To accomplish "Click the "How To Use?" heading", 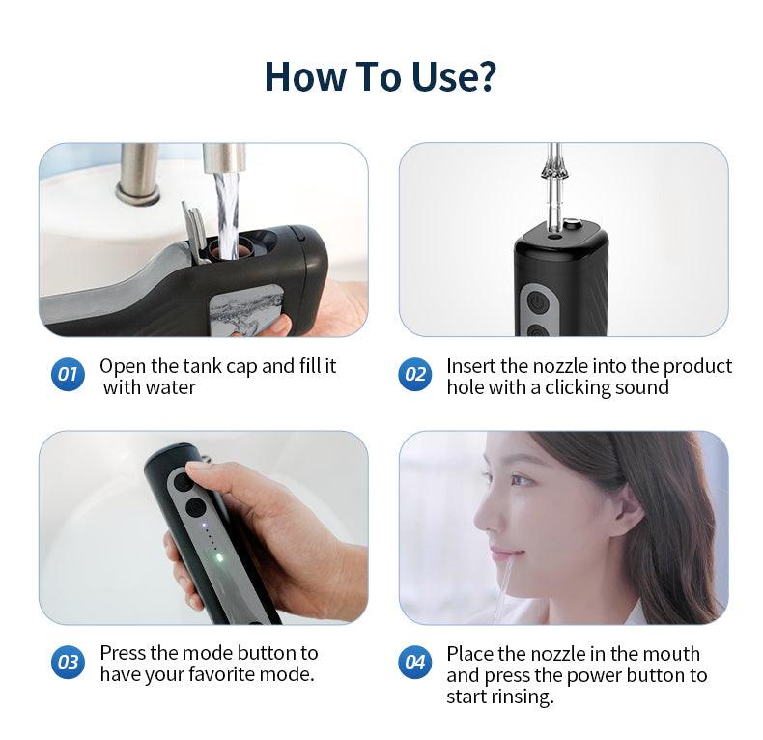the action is (x=380, y=77).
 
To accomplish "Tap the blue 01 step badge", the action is (x=68, y=374).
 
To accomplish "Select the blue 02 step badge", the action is (x=414, y=374).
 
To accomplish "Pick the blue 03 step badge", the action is (x=68, y=662).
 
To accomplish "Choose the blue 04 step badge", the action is (x=414, y=662).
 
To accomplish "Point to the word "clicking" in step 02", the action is (x=578, y=388).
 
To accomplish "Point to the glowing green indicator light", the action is (x=219, y=558).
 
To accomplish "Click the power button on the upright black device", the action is (x=537, y=302).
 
